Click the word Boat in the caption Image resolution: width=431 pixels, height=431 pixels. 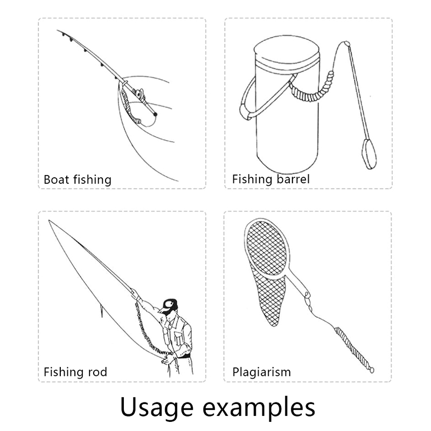point(57,179)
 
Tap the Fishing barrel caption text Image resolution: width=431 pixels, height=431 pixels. point(271,179)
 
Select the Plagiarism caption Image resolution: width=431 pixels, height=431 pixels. point(261,372)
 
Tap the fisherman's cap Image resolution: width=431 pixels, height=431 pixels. point(168,305)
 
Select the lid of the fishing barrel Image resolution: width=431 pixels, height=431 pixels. point(286,52)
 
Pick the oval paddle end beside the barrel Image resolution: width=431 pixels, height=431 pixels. point(369,154)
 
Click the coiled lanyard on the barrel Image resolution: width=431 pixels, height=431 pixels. point(312,88)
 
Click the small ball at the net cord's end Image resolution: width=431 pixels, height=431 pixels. point(371,370)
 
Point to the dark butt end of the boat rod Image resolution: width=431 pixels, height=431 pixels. point(155,114)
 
